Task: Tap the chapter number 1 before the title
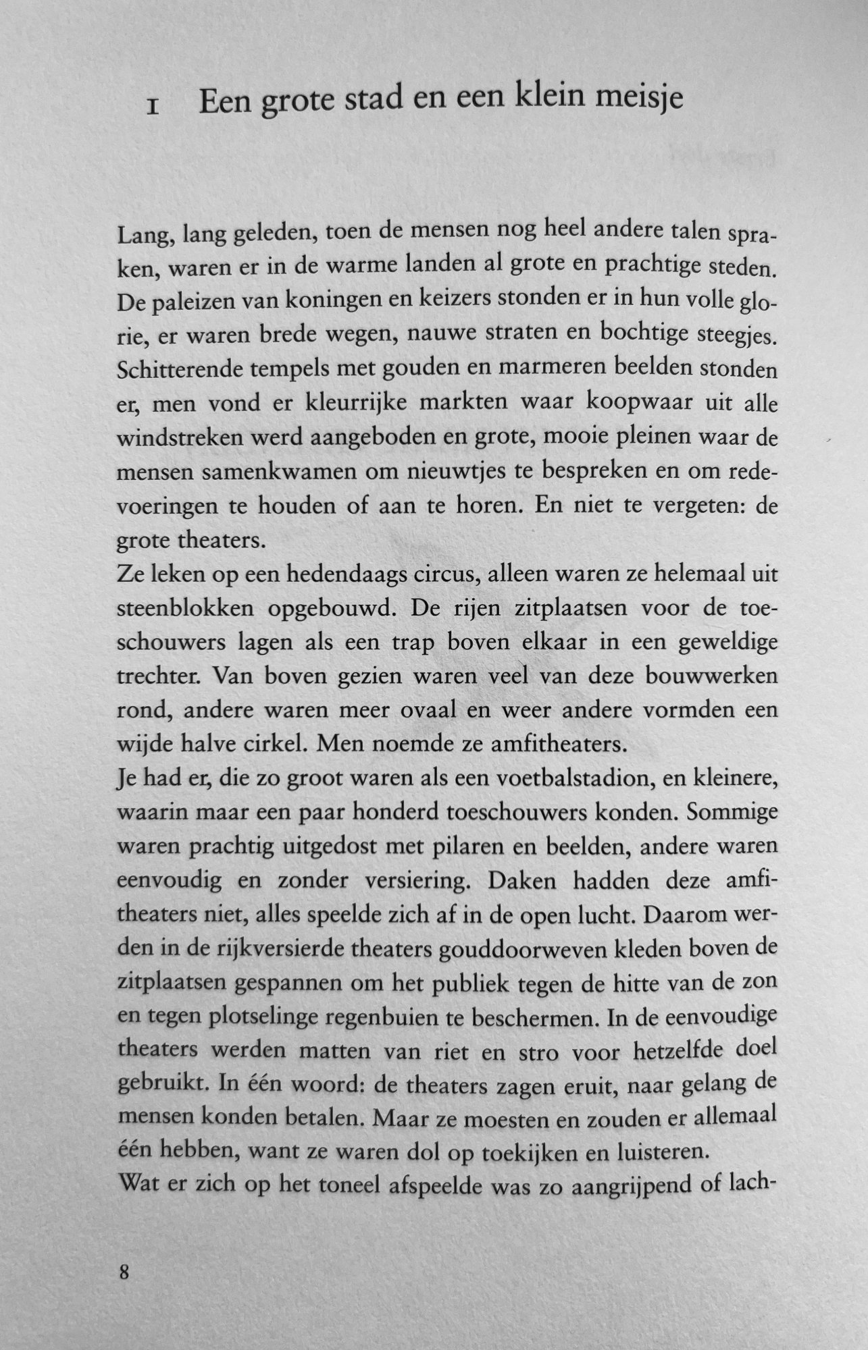[x=153, y=107]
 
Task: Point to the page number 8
[x=124, y=1273]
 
